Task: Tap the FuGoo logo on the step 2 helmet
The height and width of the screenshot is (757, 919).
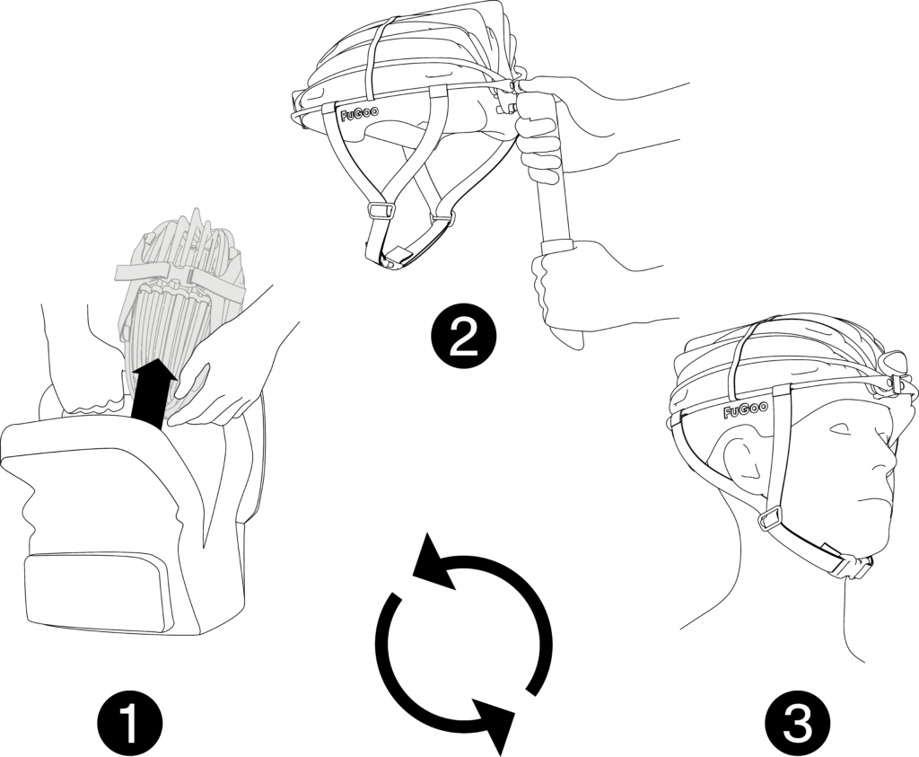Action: (359, 112)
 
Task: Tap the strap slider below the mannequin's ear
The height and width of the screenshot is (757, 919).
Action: (770, 520)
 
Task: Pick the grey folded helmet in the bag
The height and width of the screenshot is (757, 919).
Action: (179, 299)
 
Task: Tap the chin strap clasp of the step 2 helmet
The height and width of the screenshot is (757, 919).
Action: (396, 258)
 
